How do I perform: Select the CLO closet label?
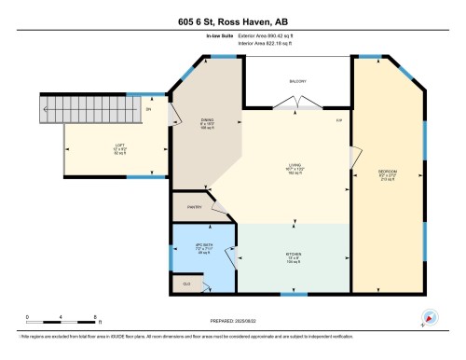coord(186,283)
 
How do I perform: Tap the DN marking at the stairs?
coord(148,109)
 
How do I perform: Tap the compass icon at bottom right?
coord(430,317)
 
